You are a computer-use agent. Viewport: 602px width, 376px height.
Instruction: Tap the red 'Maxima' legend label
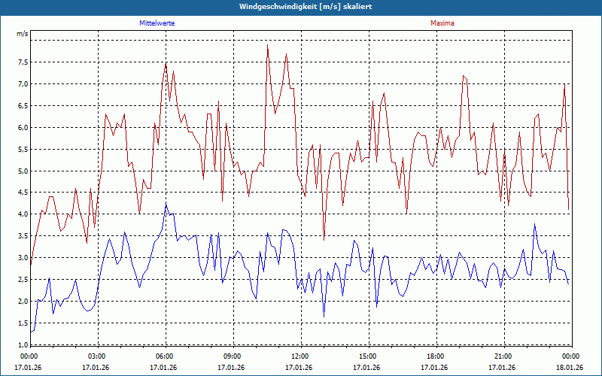(442, 23)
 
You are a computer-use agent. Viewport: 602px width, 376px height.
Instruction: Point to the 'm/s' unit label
(22, 35)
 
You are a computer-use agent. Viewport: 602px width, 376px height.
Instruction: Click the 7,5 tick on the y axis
(22, 62)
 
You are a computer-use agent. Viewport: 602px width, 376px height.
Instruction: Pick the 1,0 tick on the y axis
(22, 345)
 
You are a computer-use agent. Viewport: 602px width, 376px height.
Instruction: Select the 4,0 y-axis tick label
(22, 214)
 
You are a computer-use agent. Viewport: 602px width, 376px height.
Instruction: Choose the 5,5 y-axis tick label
(22, 149)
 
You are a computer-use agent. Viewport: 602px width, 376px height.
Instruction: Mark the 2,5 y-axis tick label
(22, 280)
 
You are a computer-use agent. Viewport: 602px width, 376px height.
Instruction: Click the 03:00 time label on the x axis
(97, 356)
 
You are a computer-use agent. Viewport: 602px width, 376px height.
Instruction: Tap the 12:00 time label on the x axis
(300, 356)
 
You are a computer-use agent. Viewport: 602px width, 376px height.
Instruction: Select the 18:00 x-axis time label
(436, 356)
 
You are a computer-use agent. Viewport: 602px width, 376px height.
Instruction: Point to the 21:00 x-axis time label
(503, 356)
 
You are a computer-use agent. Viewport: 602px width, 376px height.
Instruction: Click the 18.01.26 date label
(570, 368)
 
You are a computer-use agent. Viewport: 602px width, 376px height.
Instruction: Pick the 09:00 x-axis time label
(233, 356)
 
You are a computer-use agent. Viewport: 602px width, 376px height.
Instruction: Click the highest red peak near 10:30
(267, 45)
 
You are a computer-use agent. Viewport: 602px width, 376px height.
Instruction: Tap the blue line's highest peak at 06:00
(166, 203)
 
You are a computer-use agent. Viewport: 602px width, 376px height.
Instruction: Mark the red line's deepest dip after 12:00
(324, 240)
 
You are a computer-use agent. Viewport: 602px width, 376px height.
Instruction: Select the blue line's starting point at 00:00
(30, 332)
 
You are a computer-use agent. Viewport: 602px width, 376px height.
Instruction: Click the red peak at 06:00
(166, 63)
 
